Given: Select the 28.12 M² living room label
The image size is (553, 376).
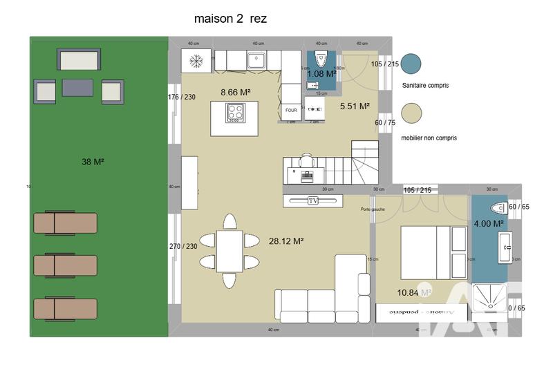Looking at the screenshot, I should click(x=287, y=241).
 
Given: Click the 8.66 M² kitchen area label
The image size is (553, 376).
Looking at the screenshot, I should click(x=235, y=92).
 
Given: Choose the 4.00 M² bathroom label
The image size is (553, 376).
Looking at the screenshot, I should click(x=489, y=223).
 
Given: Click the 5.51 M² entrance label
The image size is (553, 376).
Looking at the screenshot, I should click(x=355, y=106).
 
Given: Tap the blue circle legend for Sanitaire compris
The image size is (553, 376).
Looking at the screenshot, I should click(x=411, y=64).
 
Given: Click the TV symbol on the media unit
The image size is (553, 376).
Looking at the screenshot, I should click(x=313, y=200).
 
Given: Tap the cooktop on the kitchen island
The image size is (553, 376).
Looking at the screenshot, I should click(x=236, y=111).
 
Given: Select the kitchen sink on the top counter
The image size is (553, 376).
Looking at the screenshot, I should click(x=256, y=59).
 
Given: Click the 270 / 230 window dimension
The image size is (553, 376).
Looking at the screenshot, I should click(x=183, y=246).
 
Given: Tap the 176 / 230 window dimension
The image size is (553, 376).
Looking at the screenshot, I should click(x=181, y=97).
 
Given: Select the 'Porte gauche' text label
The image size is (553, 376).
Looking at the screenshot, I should click(x=373, y=209).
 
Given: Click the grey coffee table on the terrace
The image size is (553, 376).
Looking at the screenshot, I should click(x=77, y=88).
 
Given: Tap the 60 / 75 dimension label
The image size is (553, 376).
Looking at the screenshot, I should click(x=386, y=122).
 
